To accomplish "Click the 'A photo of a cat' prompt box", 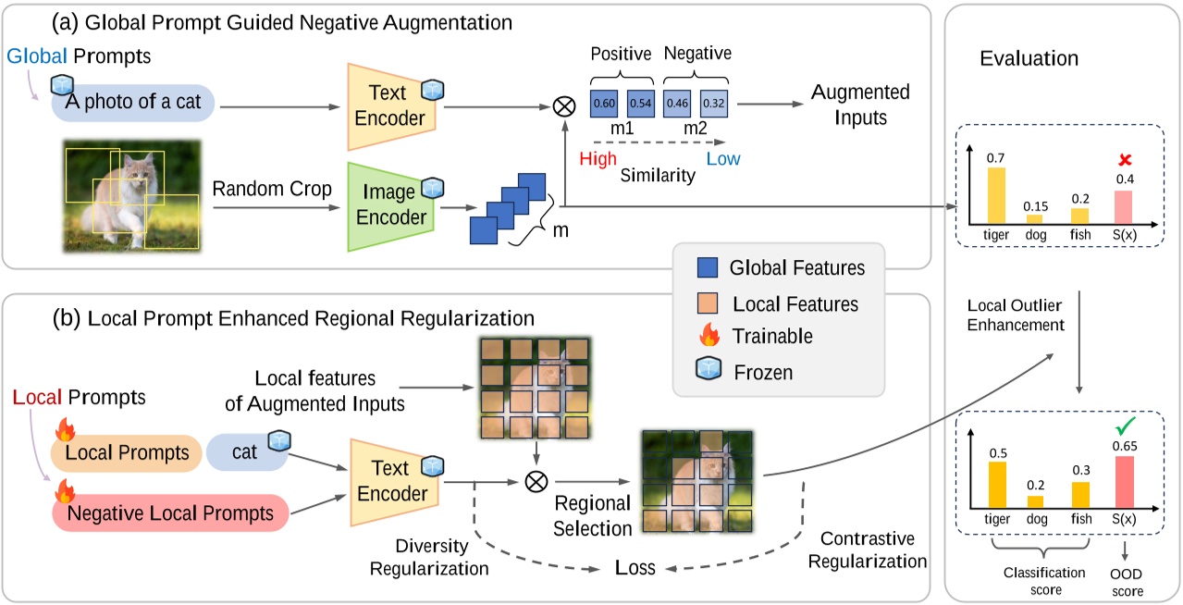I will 134,104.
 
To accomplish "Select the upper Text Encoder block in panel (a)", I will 395,105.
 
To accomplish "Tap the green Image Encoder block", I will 395,206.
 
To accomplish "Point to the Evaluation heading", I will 1029,58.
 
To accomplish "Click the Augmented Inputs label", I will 860,105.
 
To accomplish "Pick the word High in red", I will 598,158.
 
